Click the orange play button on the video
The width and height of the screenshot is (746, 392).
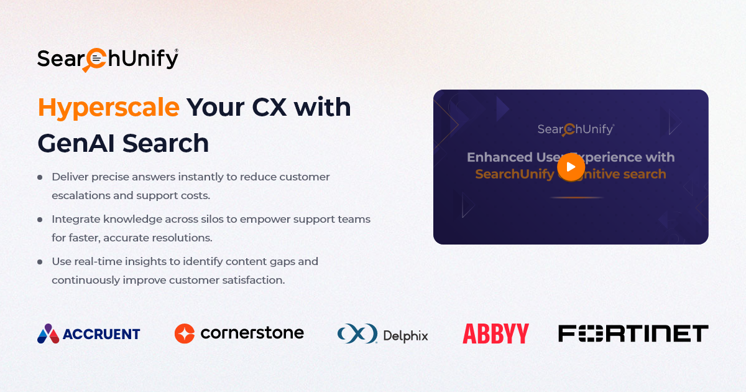[x=571, y=166]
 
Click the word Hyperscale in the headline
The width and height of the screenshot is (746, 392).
[x=109, y=108]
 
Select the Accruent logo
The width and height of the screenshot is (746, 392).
[x=89, y=334]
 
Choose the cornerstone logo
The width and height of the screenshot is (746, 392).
[x=239, y=333]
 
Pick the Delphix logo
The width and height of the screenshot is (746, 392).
[x=383, y=334]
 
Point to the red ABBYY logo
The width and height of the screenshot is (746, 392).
[x=495, y=334]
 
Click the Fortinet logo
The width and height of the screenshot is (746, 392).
[x=633, y=334]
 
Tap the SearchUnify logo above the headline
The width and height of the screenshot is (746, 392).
[x=108, y=59]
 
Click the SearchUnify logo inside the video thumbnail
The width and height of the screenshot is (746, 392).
[x=576, y=129]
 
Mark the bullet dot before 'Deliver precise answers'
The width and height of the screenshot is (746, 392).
[x=40, y=177]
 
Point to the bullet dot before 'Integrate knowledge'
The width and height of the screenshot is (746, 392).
[x=40, y=220]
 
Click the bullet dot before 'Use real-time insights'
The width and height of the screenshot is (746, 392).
[x=40, y=262]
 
